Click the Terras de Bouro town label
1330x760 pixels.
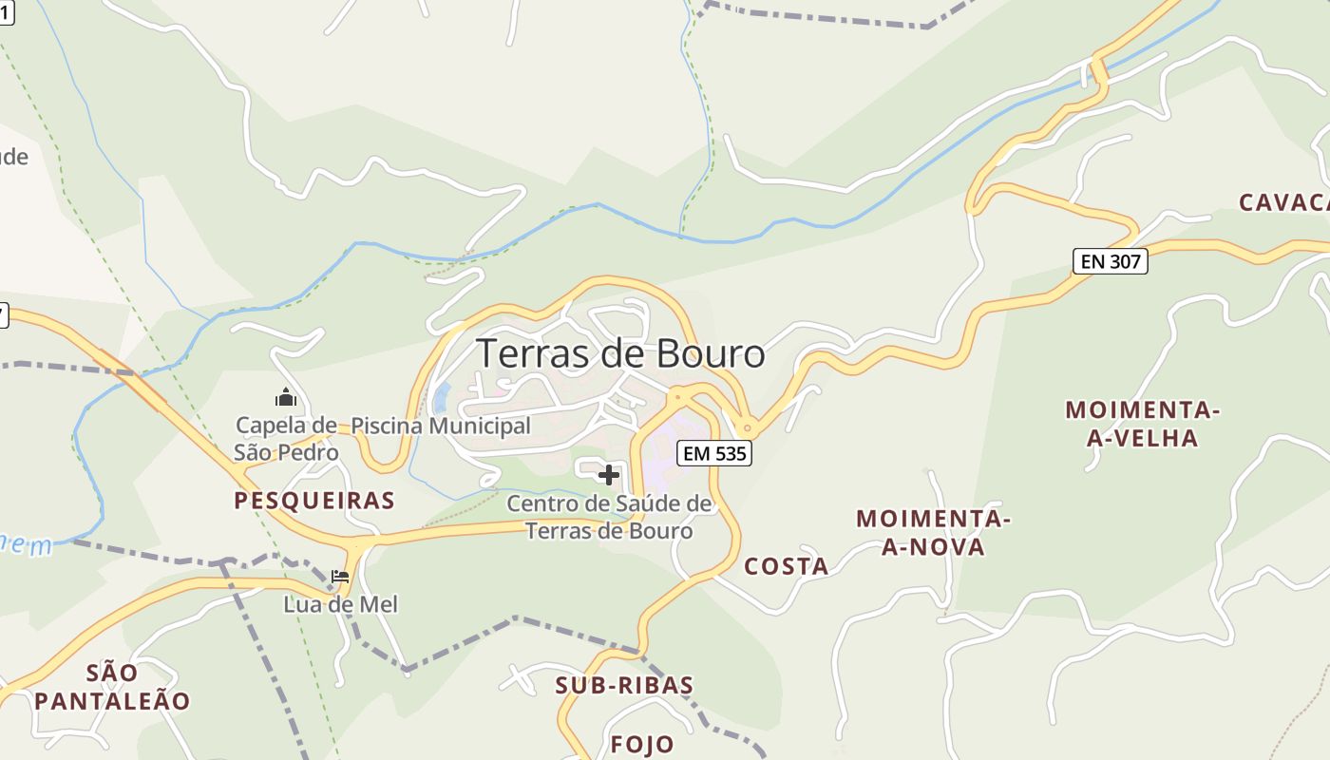coord(620,353)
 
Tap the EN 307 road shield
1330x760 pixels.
coord(1110,261)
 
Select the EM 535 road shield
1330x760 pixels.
coord(715,454)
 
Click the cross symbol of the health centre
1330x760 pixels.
coord(609,474)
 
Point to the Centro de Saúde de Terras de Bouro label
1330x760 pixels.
coord(609,517)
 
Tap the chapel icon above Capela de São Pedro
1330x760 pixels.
coord(286,397)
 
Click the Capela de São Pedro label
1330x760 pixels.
coord(286,438)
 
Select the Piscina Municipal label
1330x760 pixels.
coord(441,426)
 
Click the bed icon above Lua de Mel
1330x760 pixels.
coord(340,576)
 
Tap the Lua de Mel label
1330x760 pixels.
coord(340,604)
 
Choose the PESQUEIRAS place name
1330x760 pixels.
coord(314,501)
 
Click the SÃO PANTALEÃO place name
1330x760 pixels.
coord(112,687)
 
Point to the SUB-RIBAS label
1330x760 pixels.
coord(624,685)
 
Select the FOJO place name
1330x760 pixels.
coord(642,744)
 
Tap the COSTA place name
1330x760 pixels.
coord(786,566)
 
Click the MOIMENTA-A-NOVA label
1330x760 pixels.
coord(933,532)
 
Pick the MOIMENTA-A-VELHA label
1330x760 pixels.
coord(1142,424)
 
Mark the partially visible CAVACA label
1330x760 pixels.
coord(1283,201)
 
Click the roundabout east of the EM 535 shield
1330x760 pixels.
coord(748,429)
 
